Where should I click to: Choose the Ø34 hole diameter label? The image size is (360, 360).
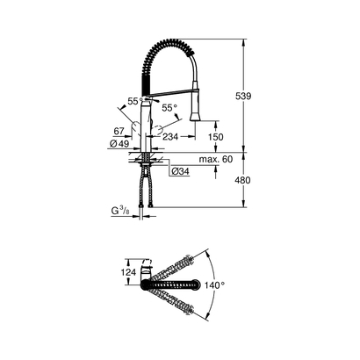click(x=180, y=170)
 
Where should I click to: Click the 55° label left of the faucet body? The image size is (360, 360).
click(x=133, y=103)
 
